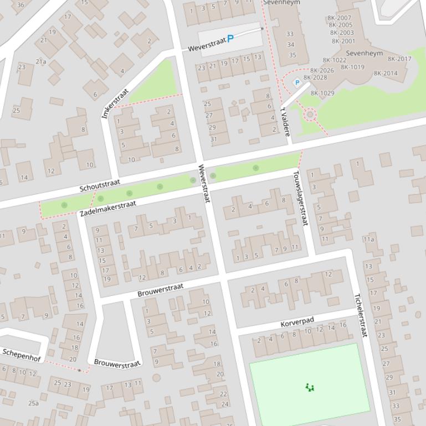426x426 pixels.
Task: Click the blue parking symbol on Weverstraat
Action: click(x=230, y=39)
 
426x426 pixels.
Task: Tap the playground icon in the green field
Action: click(x=310, y=387)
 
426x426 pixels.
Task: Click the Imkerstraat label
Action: click(x=115, y=103)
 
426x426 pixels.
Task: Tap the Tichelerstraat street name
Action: click(x=361, y=315)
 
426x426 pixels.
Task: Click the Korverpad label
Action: click(x=297, y=322)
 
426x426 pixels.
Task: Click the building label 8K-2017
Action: click(x=399, y=59)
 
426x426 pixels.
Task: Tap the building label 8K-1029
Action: click(x=322, y=93)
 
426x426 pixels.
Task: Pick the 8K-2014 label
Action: click(x=386, y=73)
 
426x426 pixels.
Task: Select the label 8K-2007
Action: click(x=340, y=18)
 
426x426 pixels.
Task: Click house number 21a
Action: click(x=41, y=61)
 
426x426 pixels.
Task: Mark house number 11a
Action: click(x=368, y=240)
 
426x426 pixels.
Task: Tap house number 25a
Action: click(x=34, y=403)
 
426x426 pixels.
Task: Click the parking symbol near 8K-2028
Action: click(x=297, y=82)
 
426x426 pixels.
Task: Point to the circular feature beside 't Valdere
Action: click(x=310, y=115)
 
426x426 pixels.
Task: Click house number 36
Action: click(x=20, y=5)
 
